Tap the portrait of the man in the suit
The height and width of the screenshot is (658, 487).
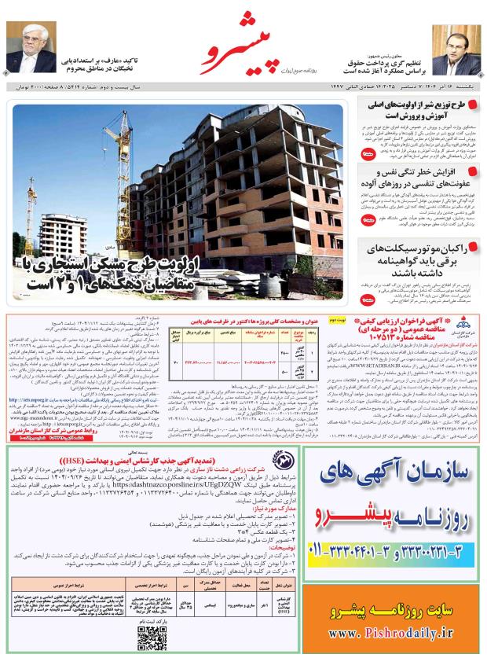[x=461, y=49]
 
